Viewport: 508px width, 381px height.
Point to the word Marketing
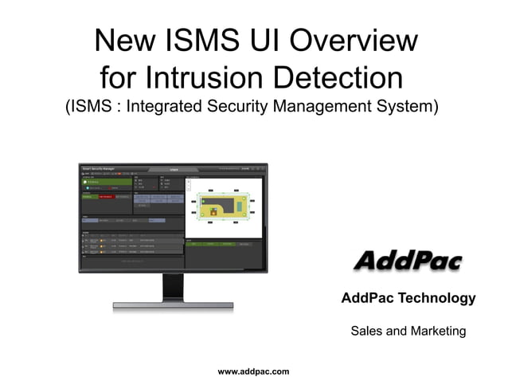point(437,330)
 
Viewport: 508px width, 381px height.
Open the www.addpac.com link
point(253,371)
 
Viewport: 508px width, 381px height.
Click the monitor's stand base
point(173,305)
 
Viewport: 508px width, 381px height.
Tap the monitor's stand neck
point(173,286)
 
